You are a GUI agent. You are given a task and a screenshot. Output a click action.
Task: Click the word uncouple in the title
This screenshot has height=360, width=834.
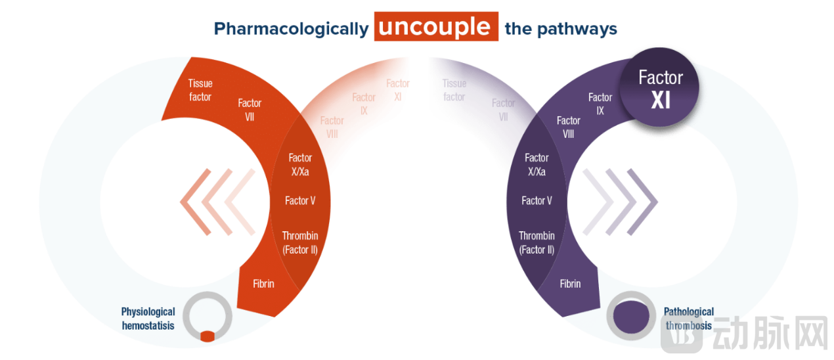point(435,27)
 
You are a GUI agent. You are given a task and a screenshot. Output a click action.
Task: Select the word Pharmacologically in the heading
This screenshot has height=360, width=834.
point(291,29)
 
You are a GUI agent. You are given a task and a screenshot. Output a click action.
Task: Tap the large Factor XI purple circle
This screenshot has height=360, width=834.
point(661,89)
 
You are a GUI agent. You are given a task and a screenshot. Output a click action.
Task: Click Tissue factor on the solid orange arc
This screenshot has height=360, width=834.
point(200,90)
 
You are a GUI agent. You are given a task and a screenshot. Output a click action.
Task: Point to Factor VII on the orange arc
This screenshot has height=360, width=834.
point(250,110)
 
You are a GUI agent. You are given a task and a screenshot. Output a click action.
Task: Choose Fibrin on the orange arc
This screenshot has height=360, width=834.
point(263,284)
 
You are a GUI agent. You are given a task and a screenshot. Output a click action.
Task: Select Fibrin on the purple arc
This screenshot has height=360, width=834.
point(570,284)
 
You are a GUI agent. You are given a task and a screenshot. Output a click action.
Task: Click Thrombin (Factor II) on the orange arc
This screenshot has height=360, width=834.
point(300,242)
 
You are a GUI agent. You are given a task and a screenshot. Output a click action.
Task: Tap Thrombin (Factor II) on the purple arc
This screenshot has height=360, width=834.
point(537,242)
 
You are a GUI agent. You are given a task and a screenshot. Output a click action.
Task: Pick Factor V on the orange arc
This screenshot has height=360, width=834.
point(300,200)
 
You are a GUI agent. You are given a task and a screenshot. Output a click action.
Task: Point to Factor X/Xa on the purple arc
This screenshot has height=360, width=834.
point(537,164)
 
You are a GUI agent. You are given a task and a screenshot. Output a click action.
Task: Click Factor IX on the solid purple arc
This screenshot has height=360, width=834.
point(600,104)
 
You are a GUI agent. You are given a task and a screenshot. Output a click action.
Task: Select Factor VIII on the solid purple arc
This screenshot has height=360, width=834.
point(569,127)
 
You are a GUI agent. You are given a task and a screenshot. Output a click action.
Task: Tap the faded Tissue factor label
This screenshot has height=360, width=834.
point(454,90)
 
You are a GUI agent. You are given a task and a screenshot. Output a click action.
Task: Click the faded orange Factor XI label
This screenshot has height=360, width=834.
point(398,90)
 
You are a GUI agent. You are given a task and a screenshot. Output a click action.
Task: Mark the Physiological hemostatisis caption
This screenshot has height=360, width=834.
point(148,319)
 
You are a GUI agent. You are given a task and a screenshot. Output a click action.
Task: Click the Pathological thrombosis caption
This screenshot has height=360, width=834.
point(688,319)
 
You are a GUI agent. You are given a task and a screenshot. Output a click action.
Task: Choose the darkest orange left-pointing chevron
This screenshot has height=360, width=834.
point(195,202)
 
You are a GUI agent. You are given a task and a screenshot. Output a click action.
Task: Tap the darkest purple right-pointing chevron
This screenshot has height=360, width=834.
point(642,202)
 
